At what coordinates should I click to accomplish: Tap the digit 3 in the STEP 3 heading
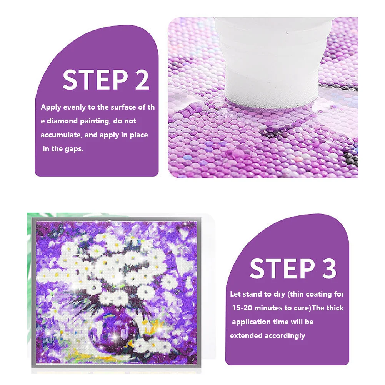pyautogui.click(x=329, y=268)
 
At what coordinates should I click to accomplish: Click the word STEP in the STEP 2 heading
pyautogui.click(x=95, y=80)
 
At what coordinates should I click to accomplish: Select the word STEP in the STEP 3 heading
pyautogui.click(x=282, y=268)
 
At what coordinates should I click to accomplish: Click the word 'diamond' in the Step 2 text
pyautogui.click(x=62, y=121)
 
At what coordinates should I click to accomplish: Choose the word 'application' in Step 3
pyautogui.click(x=248, y=322)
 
